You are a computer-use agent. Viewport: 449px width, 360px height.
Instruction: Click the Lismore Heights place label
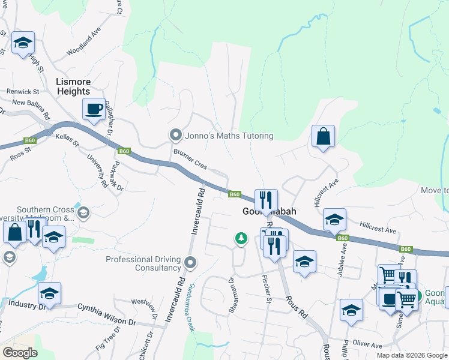coord(73,86)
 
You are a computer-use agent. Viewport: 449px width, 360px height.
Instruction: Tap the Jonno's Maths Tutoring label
coord(229,136)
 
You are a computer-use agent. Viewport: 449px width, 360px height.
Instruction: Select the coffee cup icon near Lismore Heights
coord(94,110)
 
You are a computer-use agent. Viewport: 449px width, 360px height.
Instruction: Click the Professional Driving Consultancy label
coord(143,263)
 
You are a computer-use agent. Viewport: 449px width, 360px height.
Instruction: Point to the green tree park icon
coord(241,239)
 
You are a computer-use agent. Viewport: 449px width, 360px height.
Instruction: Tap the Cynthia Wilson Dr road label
coord(107,314)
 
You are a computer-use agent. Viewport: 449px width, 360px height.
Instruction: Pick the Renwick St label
coord(23,92)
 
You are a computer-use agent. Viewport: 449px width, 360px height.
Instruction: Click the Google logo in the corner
coord(20,353)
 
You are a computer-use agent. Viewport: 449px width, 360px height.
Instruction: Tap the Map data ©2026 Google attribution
coord(412,355)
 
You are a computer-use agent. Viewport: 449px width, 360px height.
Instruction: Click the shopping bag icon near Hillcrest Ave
coord(323,137)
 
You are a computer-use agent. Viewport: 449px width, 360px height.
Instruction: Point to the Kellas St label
coord(68,140)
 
